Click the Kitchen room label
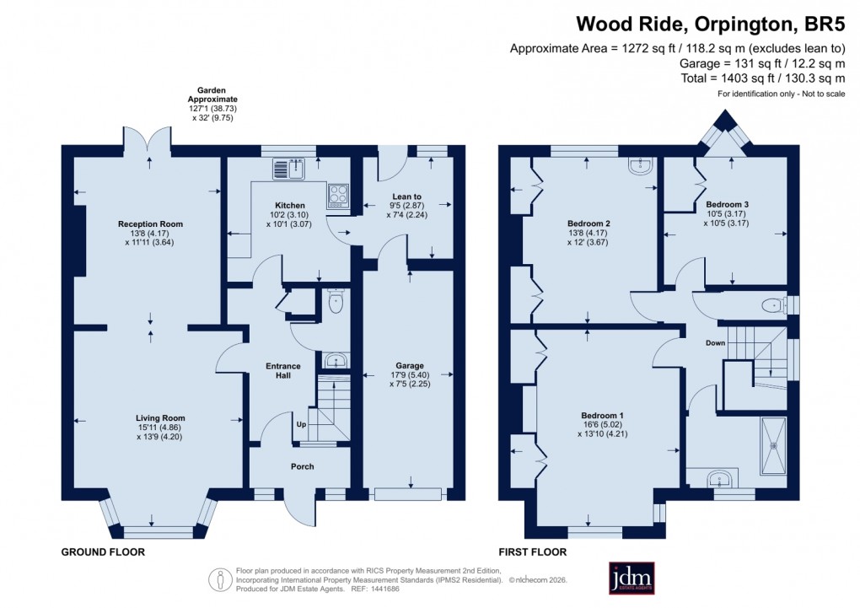tap(289, 205)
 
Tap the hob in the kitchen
tap(338, 195)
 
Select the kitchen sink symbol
tap(289, 169)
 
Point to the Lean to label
tap(406, 196)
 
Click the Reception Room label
tap(150, 223)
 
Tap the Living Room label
tap(160, 417)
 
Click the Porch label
tap(302, 466)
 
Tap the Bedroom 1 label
tap(603, 416)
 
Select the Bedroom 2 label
tap(589, 223)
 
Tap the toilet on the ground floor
tap(336, 302)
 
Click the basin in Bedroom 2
tap(640, 166)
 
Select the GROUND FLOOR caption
tap(103, 552)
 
